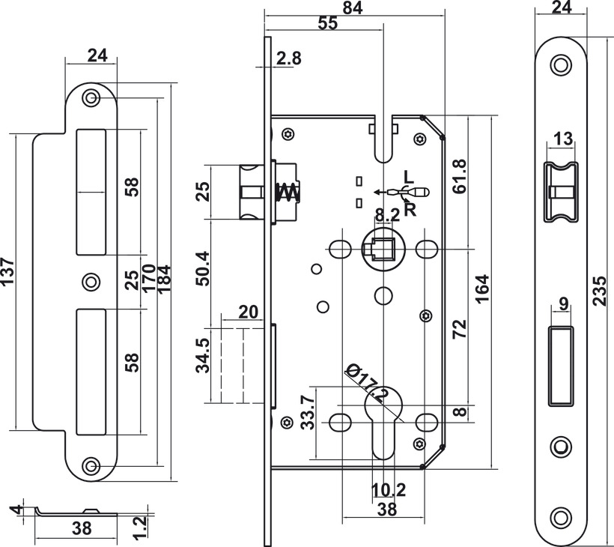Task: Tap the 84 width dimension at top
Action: [x=353, y=7]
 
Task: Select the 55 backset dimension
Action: [x=327, y=23]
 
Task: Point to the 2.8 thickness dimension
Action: [x=289, y=58]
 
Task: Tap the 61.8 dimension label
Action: [x=460, y=176]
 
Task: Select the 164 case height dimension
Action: [x=483, y=288]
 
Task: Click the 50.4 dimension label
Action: [x=203, y=268]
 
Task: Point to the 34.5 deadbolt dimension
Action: [x=203, y=356]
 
